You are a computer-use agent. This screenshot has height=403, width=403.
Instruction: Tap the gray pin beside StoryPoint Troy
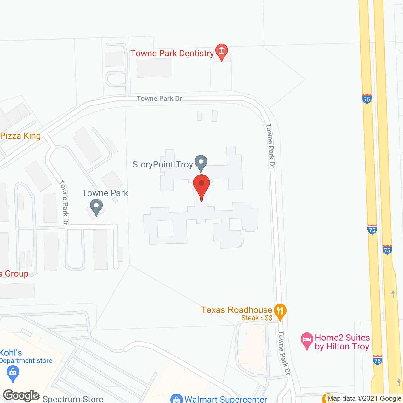(x=201, y=162)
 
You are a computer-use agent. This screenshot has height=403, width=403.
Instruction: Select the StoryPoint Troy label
(x=162, y=165)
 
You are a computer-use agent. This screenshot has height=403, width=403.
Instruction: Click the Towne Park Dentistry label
(x=172, y=54)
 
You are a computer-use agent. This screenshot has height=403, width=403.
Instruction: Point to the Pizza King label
(x=20, y=136)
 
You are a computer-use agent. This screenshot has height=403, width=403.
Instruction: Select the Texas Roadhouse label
(x=236, y=310)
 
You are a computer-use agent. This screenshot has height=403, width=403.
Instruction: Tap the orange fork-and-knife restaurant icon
(x=280, y=311)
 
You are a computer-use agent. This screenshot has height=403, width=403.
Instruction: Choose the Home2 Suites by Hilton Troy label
(x=342, y=342)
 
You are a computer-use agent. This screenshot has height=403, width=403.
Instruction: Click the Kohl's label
(x=11, y=353)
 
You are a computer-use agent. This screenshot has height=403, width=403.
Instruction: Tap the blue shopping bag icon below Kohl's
(x=13, y=374)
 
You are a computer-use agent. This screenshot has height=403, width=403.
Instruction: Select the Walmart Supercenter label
(x=226, y=399)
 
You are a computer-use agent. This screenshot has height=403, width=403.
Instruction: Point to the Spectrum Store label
(x=73, y=399)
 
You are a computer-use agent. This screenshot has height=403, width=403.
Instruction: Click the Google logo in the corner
(x=21, y=395)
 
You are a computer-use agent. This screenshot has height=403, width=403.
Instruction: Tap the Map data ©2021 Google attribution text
(x=365, y=399)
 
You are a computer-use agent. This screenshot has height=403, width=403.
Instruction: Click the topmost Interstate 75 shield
(x=367, y=99)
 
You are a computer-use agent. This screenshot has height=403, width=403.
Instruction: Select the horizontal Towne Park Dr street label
(x=159, y=99)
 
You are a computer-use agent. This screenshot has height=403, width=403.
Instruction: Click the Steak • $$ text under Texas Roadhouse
(x=257, y=318)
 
